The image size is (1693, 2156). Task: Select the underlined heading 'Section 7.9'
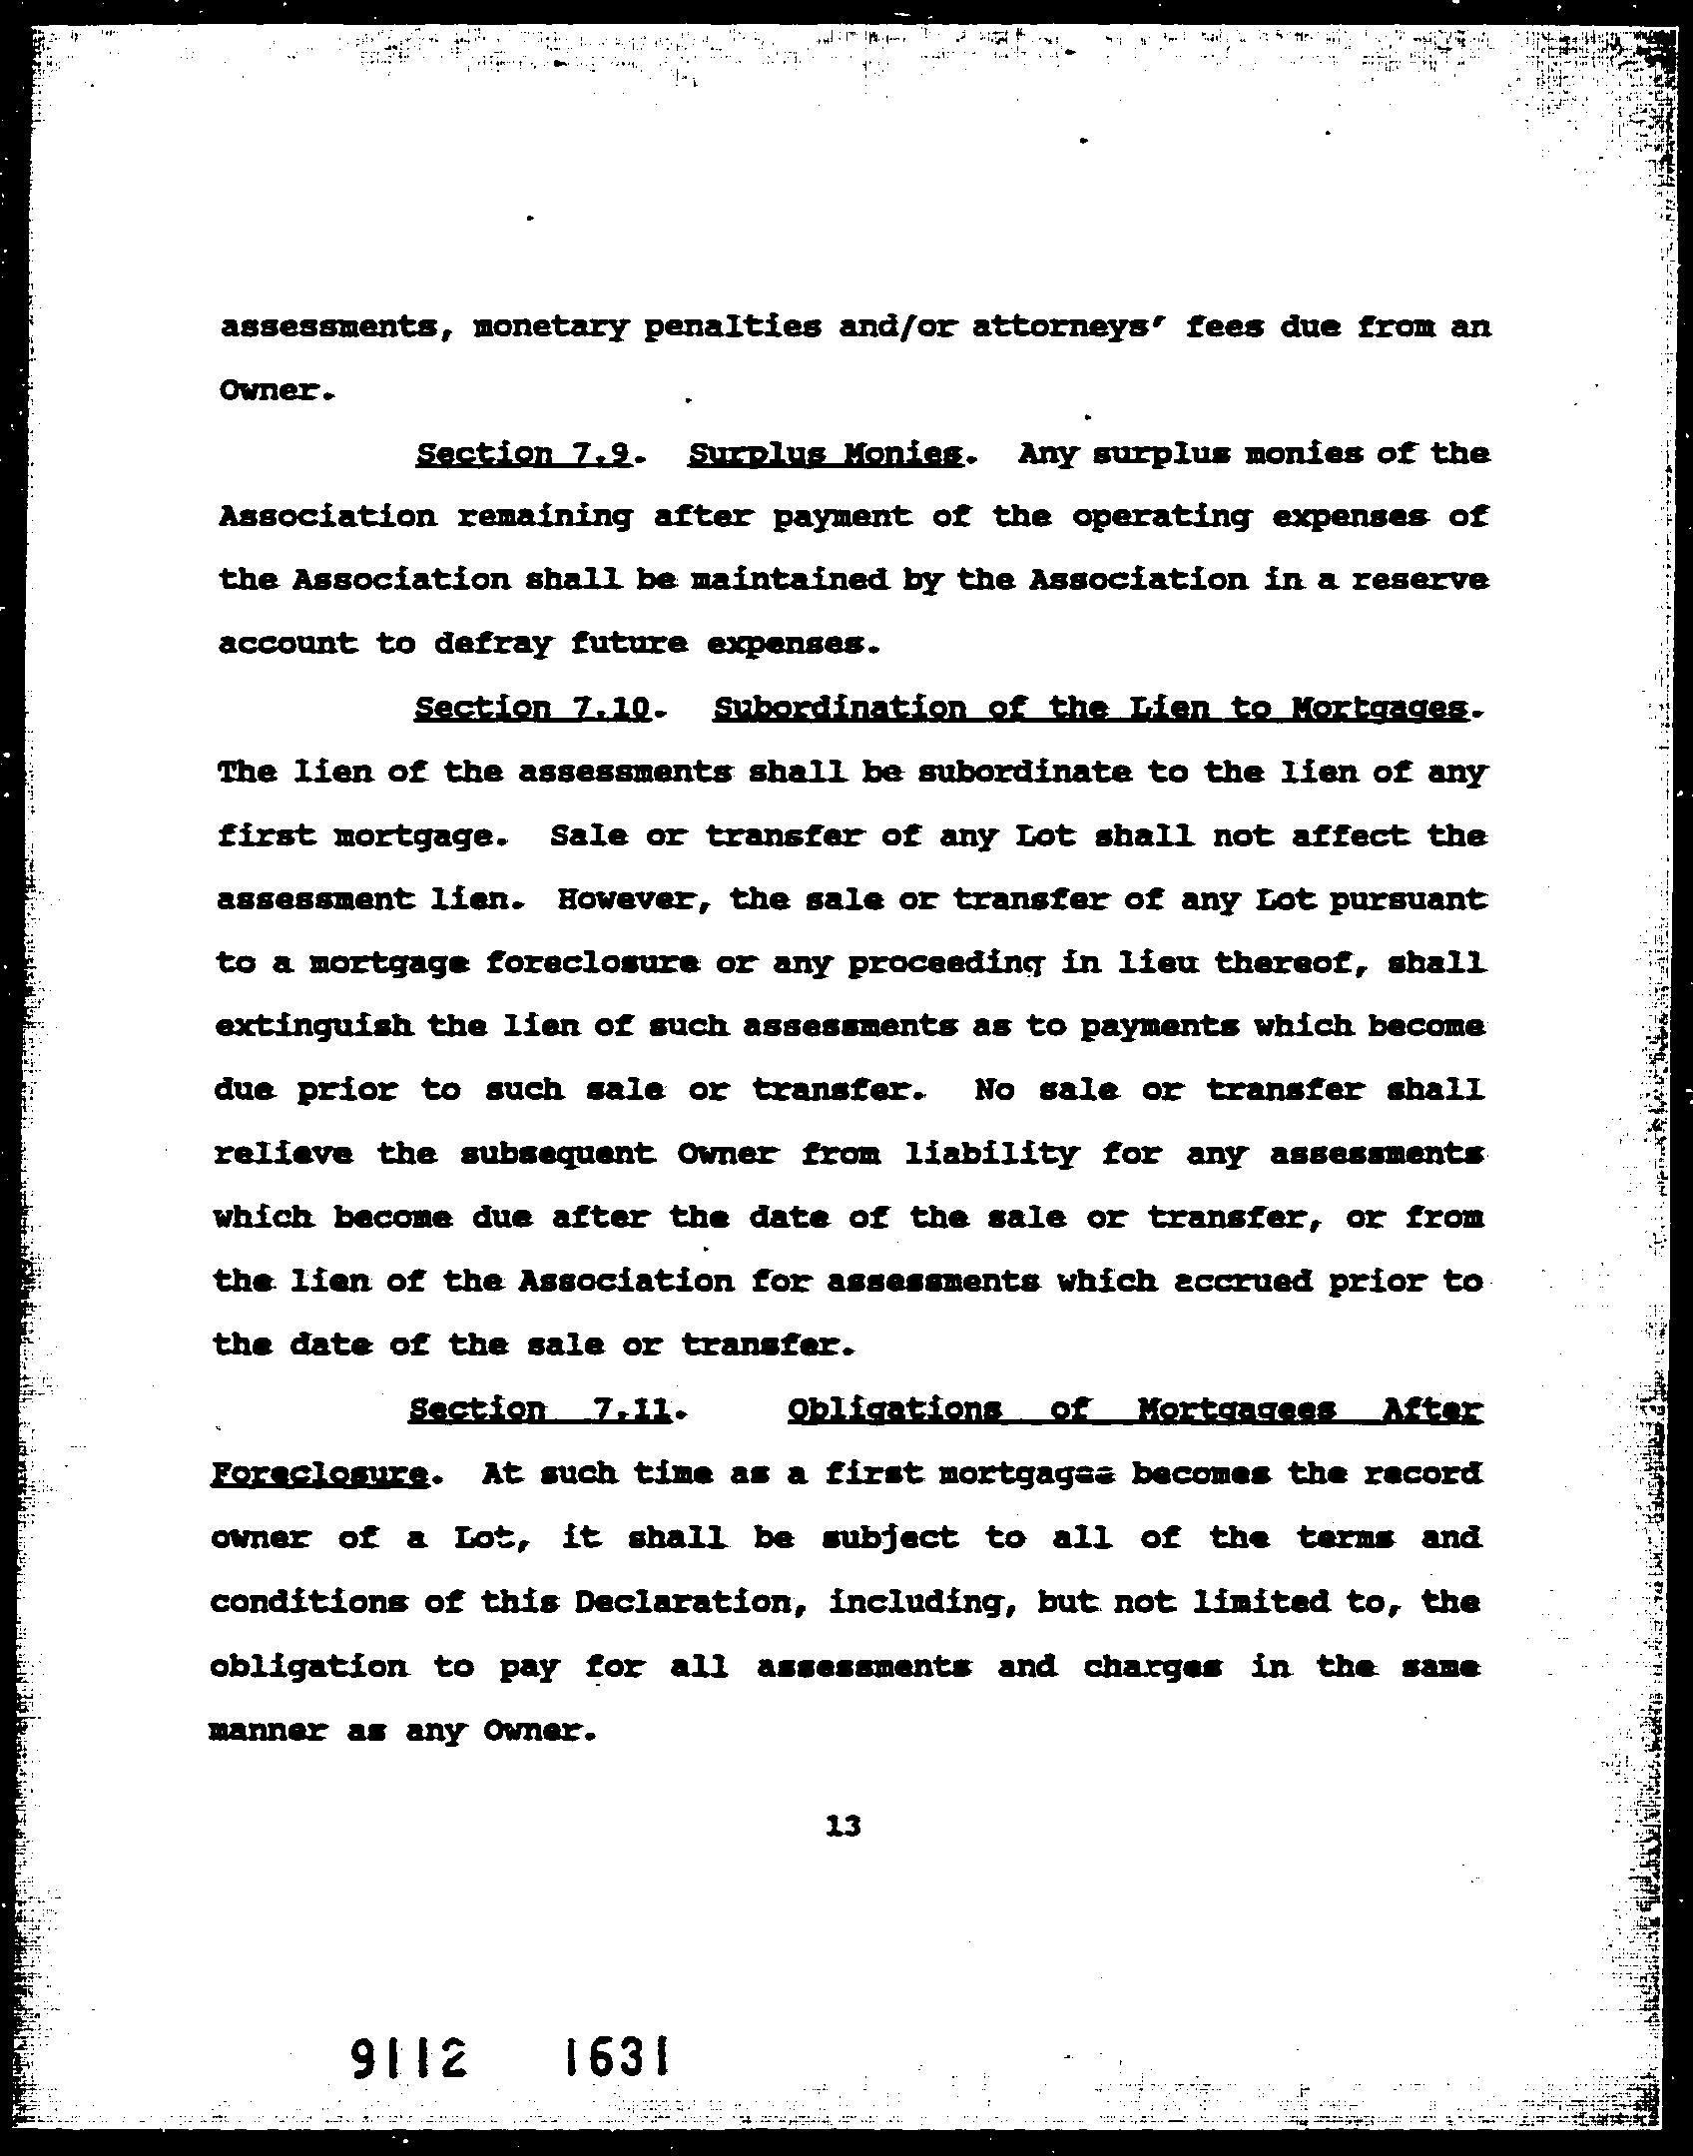pos(523,454)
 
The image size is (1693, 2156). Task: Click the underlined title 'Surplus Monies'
pos(826,454)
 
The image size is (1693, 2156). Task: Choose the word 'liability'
pos(990,1154)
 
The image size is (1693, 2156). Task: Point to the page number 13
pos(844,1826)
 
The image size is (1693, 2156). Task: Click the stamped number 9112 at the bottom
pos(410,2058)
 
